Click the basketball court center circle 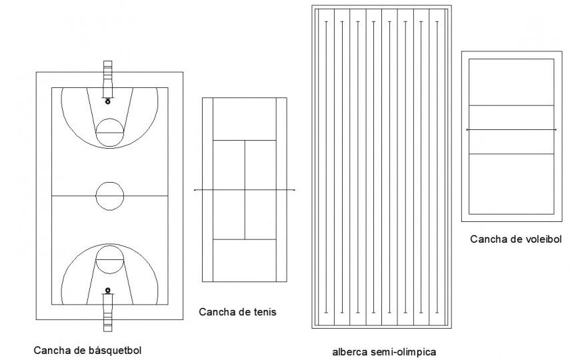click(109, 195)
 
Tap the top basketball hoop click(108, 101)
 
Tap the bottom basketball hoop click(108, 291)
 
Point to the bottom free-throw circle click(109, 259)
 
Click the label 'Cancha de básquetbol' click(87, 349)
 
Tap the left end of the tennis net click(195, 191)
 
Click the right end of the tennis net click(293, 191)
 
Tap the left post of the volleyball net click(467, 129)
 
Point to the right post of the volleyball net click(555, 129)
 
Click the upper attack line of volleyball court click(511, 106)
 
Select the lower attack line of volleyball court click(511, 154)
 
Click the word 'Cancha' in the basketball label click(49, 349)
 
